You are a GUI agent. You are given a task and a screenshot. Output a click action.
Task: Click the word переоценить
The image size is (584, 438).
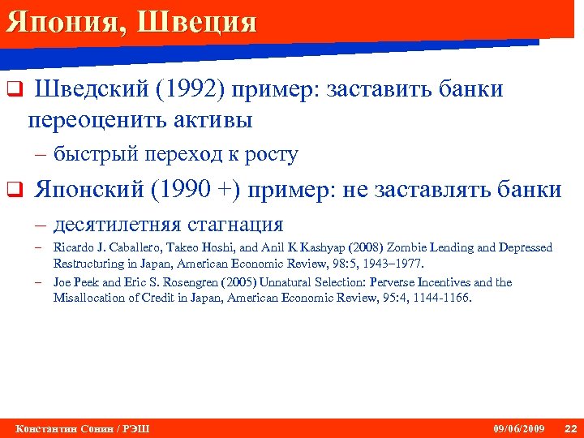pos(97,121)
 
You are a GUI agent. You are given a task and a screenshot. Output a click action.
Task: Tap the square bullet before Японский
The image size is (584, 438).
pos(13,191)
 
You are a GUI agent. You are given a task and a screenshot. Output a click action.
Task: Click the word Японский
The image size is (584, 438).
pos(90,190)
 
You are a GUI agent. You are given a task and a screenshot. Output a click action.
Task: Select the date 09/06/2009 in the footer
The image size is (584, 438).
pos(519,428)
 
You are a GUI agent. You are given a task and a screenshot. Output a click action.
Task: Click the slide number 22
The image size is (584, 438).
pos(570,428)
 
